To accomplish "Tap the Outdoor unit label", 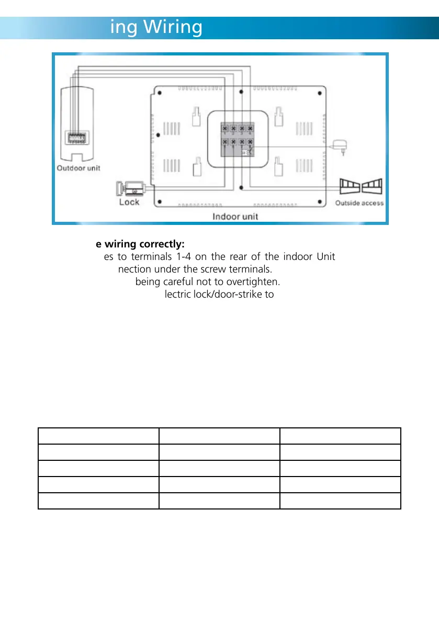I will (78, 168).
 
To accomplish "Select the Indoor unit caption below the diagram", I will (234, 216).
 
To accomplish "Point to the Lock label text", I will (129, 202).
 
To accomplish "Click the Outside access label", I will (359, 203).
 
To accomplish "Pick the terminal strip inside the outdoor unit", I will (78, 138).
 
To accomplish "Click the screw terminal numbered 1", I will (224, 128).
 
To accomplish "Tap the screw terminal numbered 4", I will (250, 128).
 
